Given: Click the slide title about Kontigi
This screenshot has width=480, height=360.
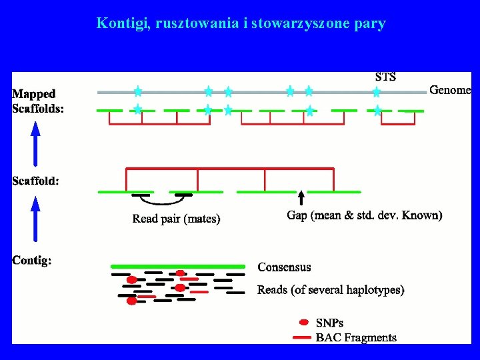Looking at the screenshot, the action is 241,23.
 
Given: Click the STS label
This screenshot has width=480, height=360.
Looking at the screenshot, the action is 386,77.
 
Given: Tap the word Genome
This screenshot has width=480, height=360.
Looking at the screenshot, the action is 450,90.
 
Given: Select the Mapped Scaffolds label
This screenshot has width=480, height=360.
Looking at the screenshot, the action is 38,101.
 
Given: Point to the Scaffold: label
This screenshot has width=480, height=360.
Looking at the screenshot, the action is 35,181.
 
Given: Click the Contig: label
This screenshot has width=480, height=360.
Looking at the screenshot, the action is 32,260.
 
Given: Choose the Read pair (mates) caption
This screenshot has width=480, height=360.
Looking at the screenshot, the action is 176,218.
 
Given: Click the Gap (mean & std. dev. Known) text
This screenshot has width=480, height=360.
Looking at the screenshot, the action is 364,215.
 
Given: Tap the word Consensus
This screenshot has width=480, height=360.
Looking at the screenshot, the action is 284,267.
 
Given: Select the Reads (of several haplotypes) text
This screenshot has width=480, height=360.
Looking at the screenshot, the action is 331,290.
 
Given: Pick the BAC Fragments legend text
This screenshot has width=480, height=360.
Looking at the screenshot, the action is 356,337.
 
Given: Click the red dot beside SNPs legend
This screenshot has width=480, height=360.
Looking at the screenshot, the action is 304,323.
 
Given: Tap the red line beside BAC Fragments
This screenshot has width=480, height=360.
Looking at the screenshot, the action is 303,337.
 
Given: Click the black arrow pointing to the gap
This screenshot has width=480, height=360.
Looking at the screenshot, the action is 301,197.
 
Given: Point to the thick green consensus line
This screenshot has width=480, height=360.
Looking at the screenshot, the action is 177,266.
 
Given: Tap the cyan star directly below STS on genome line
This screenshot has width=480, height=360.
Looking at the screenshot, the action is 377,92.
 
